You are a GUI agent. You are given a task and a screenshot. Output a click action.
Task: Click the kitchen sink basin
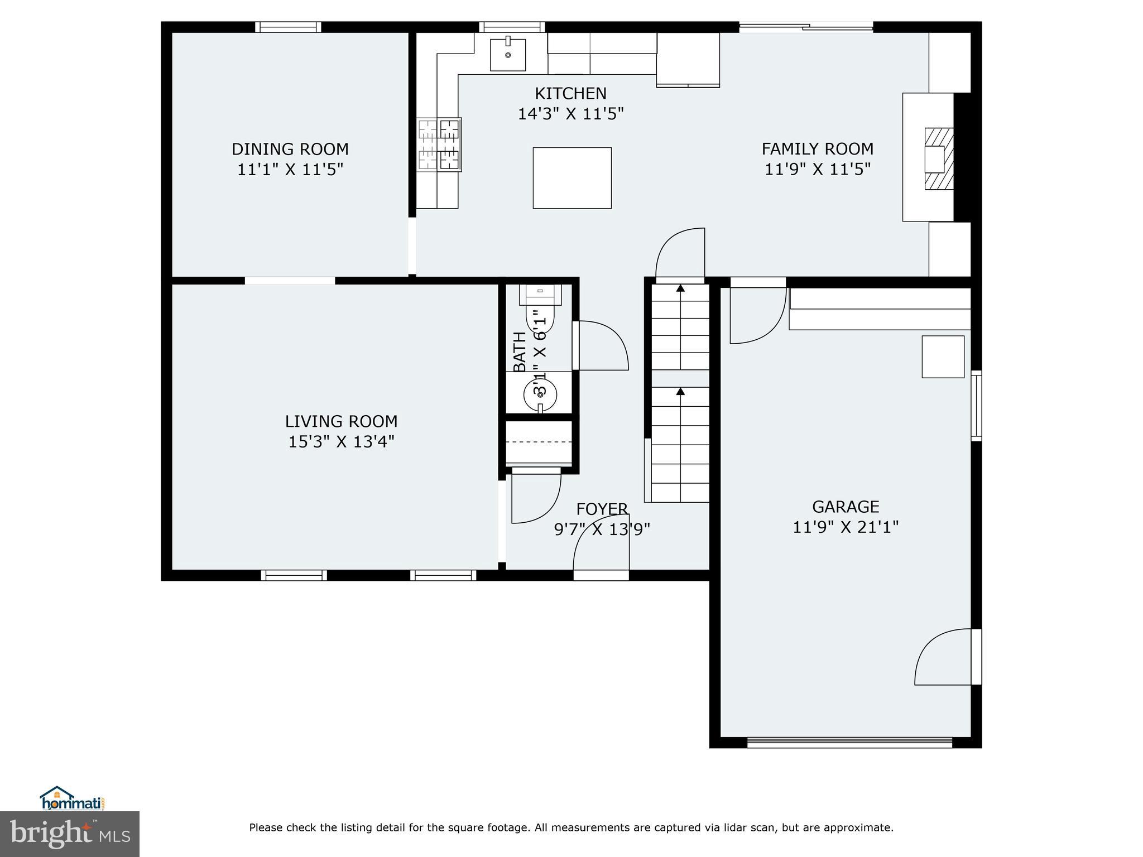click(507, 55)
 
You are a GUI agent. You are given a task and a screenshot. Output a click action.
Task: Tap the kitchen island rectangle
click(571, 178)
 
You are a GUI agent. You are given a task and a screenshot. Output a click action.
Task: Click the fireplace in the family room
click(938, 159)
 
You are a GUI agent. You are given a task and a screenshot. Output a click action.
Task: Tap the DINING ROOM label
click(290, 149)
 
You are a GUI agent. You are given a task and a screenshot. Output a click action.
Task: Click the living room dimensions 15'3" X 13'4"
click(341, 442)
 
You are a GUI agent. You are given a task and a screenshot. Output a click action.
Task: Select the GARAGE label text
click(845, 507)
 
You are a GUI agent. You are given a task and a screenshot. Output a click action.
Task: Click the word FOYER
click(602, 509)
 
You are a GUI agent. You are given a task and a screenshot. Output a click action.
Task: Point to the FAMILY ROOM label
click(817, 149)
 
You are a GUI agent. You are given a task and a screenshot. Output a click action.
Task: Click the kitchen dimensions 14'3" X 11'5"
click(570, 114)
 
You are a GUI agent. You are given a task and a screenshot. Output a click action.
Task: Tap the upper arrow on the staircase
click(680, 288)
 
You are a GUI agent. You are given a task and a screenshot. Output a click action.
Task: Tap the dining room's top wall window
click(288, 27)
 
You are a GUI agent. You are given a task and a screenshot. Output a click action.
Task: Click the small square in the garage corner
click(943, 357)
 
